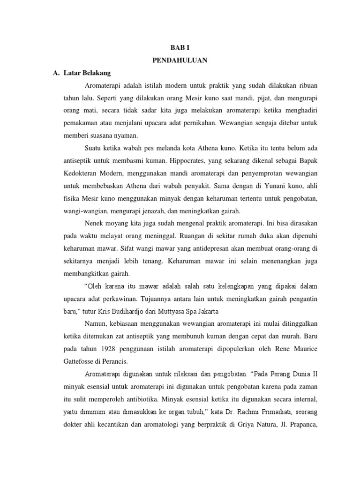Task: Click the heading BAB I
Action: click(x=180, y=47)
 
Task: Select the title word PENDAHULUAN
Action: click(x=180, y=60)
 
